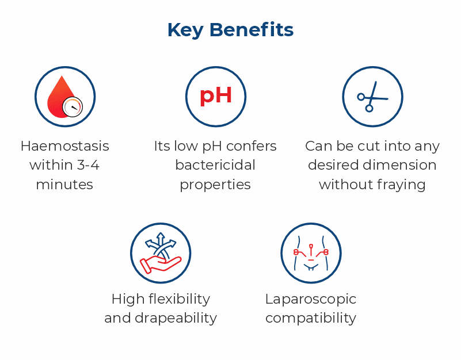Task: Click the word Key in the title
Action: click(185, 30)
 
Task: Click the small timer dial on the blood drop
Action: click(73, 106)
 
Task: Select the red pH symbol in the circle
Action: click(216, 95)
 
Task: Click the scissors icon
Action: click(372, 97)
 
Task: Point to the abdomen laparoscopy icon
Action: click(311, 253)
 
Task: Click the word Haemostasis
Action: click(64, 146)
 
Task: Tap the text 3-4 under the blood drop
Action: click(87, 166)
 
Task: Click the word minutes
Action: click(64, 185)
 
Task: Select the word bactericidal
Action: click(215, 166)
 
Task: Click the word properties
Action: click(215, 185)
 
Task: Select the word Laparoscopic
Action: click(311, 299)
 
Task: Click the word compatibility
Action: click(311, 318)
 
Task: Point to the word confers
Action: click(250, 146)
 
